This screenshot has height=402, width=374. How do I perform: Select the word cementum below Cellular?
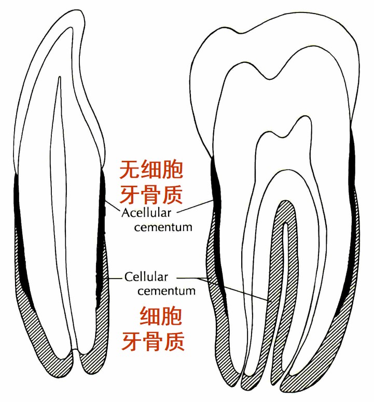(166, 290)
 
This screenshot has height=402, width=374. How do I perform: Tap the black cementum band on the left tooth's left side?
(19, 233)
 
